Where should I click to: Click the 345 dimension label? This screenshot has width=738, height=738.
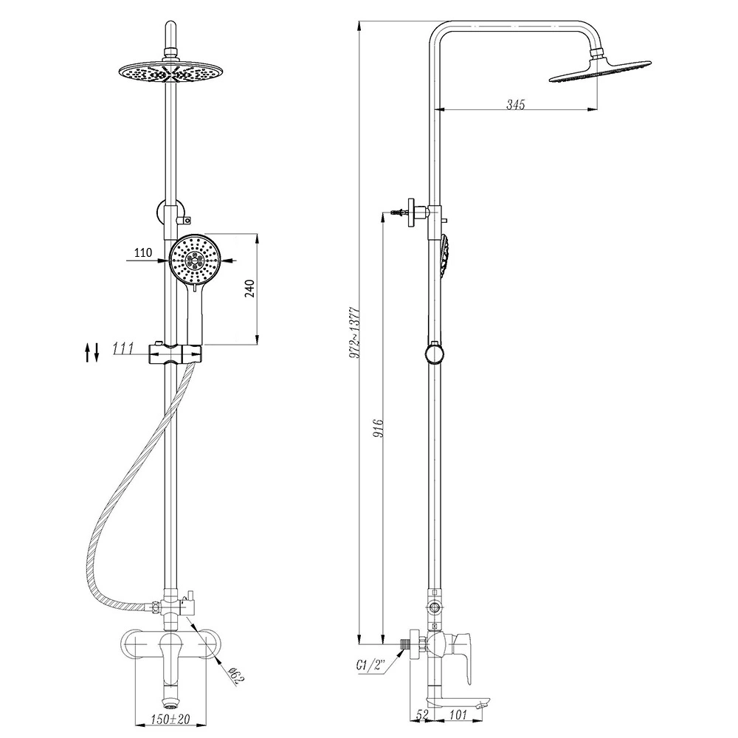pyautogui.click(x=515, y=104)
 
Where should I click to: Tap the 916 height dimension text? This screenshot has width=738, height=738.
pyautogui.click(x=379, y=428)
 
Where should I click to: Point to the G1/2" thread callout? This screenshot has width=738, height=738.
pyautogui.click(x=370, y=666)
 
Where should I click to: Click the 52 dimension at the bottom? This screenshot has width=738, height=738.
pyautogui.click(x=422, y=714)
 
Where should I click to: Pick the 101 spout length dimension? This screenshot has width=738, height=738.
pyautogui.click(x=458, y=714)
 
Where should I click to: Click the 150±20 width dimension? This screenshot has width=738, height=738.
pyautogui.click(x=170, y=719)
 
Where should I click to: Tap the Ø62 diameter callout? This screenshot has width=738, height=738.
pyautogui.click(x=237, y=676)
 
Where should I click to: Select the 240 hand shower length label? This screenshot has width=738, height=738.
pyautogui.click(x=250, y=288)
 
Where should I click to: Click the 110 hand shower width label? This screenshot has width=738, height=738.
pyautogui.click(x=143, y=252)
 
